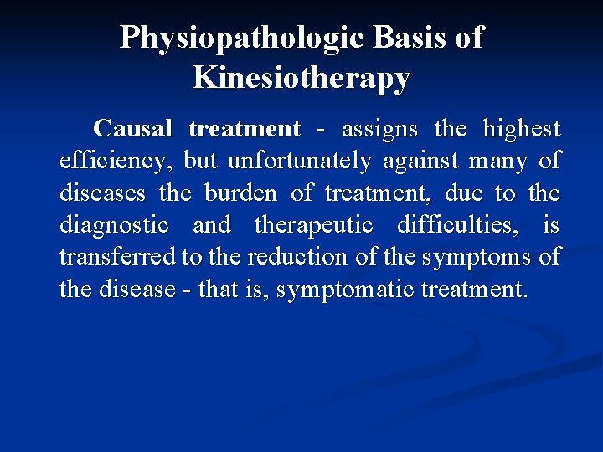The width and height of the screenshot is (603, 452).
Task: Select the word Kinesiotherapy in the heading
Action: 301,78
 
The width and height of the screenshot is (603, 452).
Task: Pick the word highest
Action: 521,129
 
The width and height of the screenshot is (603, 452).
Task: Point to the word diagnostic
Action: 114,225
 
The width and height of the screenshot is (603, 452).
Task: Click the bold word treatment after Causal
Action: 245,129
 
